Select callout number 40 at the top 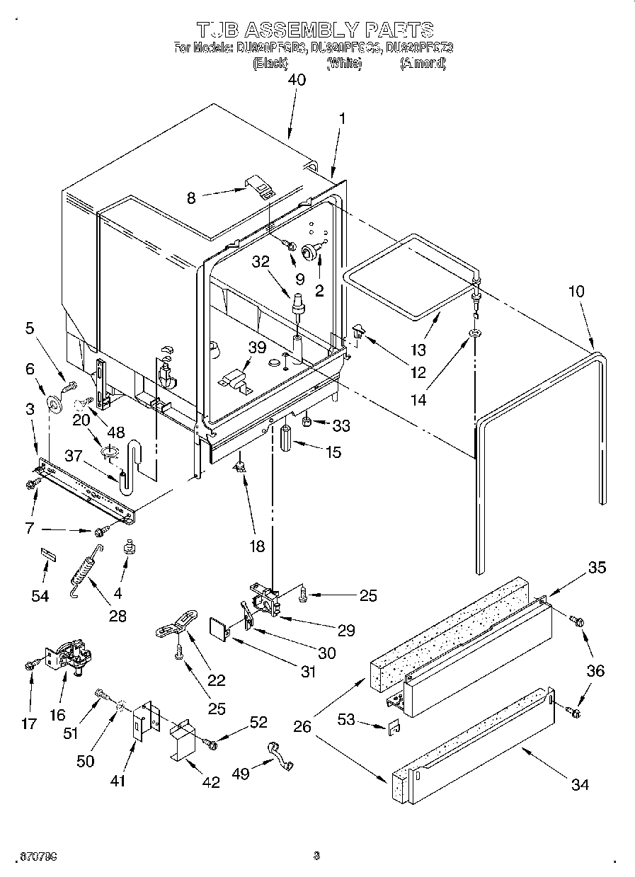(x=297, y=80)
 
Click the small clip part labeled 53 (x=395, y=726)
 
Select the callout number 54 (x=41, y=596)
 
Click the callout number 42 (x=210, y=781)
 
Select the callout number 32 (x=261, y=261)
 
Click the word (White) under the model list (x=344, y=64)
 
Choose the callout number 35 (x=597, y=567)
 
